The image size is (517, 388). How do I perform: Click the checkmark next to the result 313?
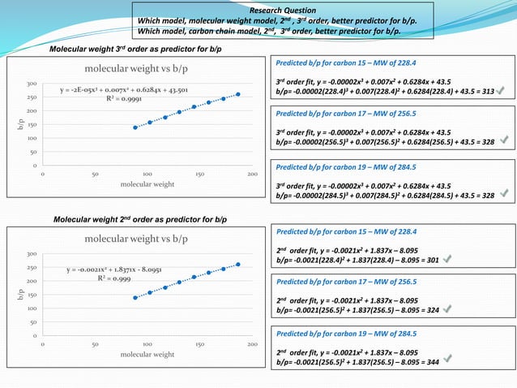click(x=506, y=92)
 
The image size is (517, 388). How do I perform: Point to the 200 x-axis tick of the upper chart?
click(x=252, y=174)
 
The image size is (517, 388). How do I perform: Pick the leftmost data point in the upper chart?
click(x=135, y=127)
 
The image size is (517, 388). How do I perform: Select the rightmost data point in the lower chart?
click(x=237, y=264)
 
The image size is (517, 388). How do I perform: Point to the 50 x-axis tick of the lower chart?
click(x=95, y=344)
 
